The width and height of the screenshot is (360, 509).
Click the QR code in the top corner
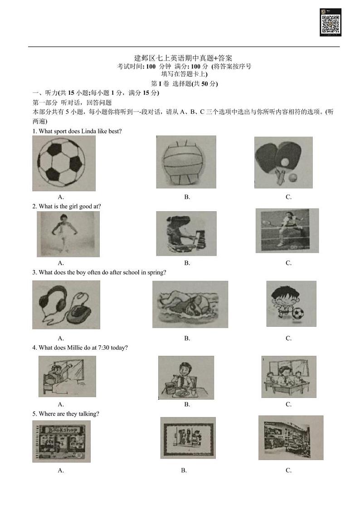(x=331, y=22)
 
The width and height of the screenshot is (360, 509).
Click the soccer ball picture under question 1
(x=63, y=163)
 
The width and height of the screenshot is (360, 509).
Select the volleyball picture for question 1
(x=186, y=162)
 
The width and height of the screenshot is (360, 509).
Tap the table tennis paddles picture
(x=283, y=162)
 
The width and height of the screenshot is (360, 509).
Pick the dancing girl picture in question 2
(x=68, y=234)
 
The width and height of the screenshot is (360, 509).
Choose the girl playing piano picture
(x=186, y=233)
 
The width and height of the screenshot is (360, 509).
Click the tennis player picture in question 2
(x=287, y=231)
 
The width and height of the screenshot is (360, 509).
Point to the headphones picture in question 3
(x=66, y=305)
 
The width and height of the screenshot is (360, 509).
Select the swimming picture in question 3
(x=190, y=304)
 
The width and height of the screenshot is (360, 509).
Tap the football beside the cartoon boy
(x=298, y=314)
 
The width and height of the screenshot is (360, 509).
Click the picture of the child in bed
(x=67, y=376)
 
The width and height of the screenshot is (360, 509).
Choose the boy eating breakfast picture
(x=186, y=378)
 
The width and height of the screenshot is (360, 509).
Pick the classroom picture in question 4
(x=288, y=377)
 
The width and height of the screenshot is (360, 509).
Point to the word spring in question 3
(x=157, y=273)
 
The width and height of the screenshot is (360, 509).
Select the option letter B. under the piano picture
(x=187, y=263)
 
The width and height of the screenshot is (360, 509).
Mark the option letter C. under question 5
(x=288, y=470)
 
